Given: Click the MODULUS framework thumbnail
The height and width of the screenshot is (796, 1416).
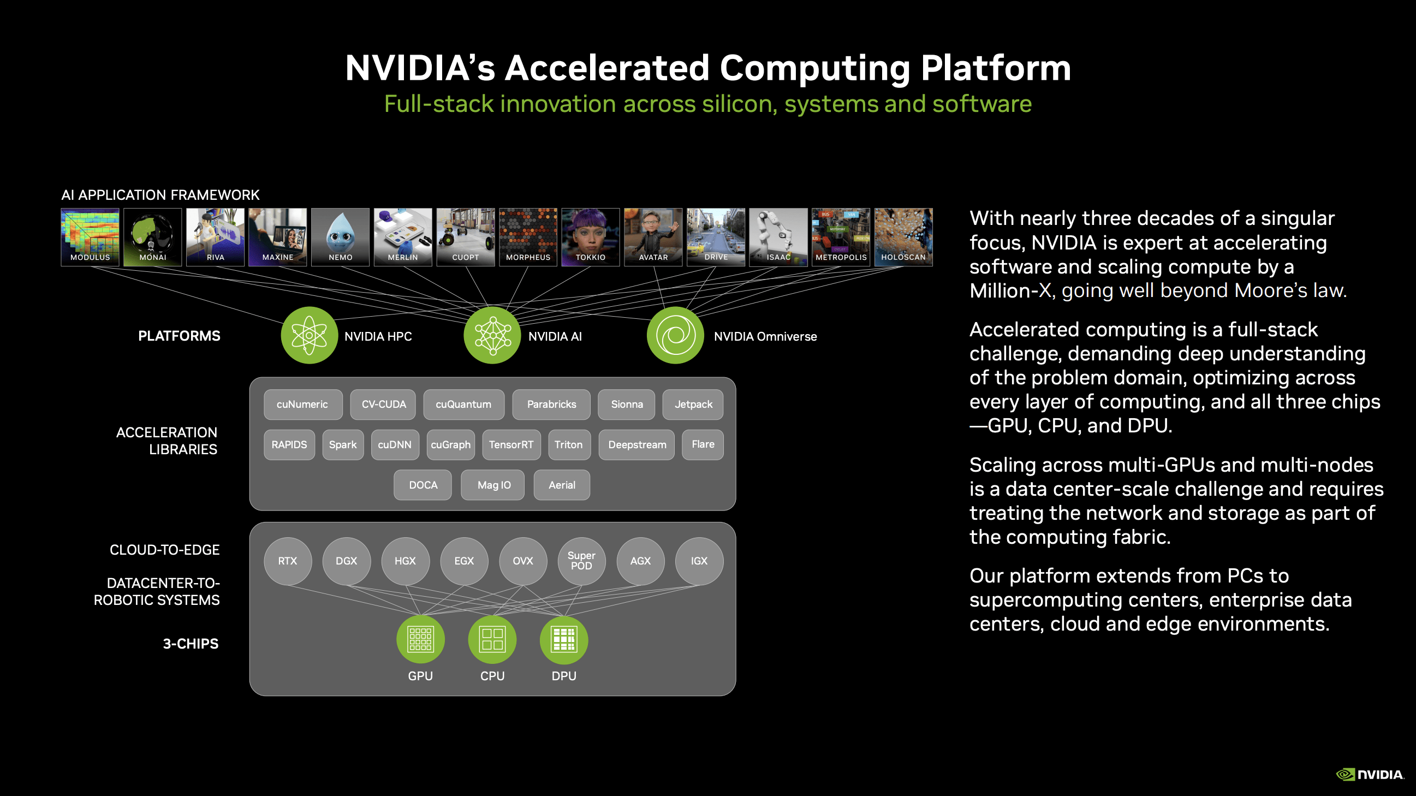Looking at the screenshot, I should click(x=90, y=237).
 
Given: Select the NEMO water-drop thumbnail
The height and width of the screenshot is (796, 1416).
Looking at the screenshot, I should click(x=340, y=237).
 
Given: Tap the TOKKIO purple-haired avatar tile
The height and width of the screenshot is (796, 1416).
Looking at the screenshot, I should click(x=591, y=237).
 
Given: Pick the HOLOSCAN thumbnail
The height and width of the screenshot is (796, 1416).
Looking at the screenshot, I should click(x=903, y=237).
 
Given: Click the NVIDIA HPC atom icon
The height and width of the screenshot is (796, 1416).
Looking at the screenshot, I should click(x=309, y=335).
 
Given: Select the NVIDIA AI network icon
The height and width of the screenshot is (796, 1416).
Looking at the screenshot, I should click(x=492, y=335).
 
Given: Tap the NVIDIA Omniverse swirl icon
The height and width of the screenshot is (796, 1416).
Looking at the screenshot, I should click(x=675, y=335).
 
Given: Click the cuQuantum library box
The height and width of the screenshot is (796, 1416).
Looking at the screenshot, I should click(x=463, y=405).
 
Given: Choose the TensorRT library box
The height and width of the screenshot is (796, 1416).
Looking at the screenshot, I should click(x=511, y=445).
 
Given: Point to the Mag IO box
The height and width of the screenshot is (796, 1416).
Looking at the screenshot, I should click(x=493, y=485).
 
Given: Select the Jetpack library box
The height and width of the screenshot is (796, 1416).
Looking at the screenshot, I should click(x=693, y=405).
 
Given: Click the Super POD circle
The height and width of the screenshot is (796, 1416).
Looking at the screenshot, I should click(x=581, y=561).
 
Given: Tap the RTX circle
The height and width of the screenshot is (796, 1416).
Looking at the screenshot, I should click(x=288, y=561).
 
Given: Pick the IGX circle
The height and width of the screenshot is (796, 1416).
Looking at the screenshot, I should click(x=699, y=561).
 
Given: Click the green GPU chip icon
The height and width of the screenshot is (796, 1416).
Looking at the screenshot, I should click(x=420, y=640).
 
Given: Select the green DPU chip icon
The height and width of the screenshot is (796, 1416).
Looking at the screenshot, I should click(x=563, y=640).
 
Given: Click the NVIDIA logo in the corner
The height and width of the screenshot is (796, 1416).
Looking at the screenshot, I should click(x=1370, y=775).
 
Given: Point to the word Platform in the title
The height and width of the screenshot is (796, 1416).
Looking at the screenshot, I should click(x=996, y=68).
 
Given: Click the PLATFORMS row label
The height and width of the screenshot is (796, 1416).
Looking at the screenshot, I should click(x=179, y=336).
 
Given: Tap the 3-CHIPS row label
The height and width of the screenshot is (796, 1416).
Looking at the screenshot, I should click(x=191, y=644).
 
